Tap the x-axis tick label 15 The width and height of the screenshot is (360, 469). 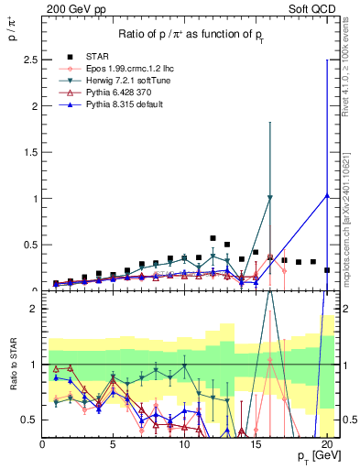(256, 445)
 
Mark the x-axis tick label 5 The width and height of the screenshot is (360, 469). (114, 445)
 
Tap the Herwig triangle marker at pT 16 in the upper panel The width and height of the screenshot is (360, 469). (270, 198)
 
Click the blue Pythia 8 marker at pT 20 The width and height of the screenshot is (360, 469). (327, 195)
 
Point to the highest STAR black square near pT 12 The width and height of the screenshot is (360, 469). (213, 238)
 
